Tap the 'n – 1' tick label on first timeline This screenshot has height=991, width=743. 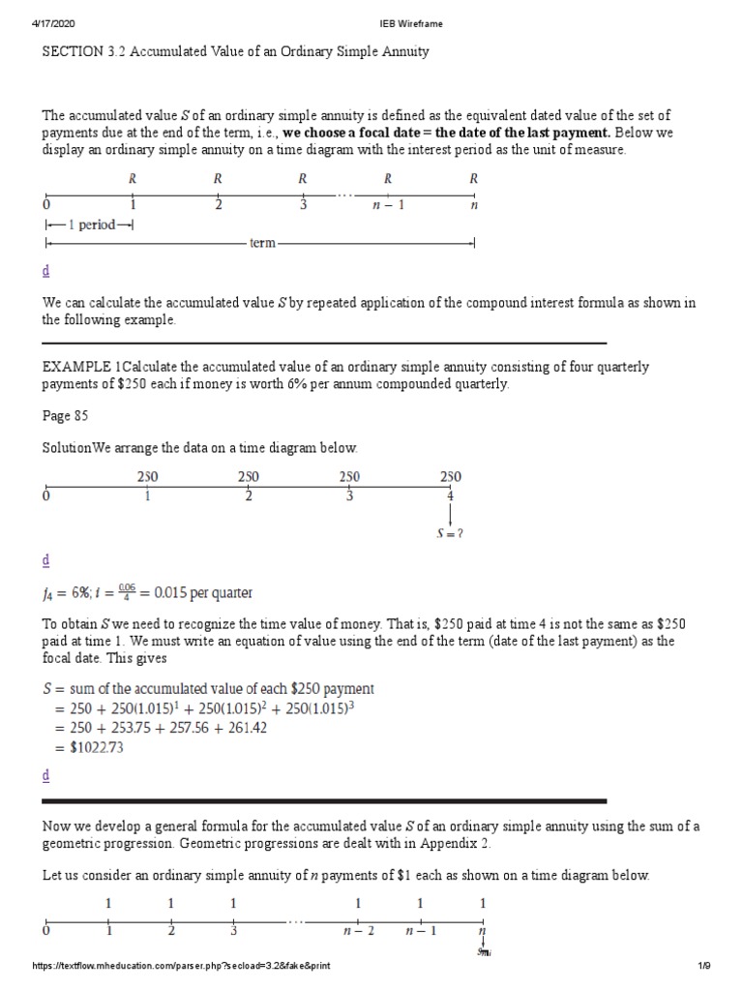tap(387, 205)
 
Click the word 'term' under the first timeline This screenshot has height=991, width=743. tap(263, 244)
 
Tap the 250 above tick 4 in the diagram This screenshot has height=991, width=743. tap(450, 476)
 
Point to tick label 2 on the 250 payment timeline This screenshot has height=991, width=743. tap(249, 495)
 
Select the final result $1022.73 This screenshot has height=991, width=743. tap(96, 747)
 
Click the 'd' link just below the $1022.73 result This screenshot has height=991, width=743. tap(45, 776)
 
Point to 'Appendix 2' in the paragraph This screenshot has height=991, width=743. tap(455, 843)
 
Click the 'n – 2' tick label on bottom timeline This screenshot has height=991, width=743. tap(358, 931)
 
